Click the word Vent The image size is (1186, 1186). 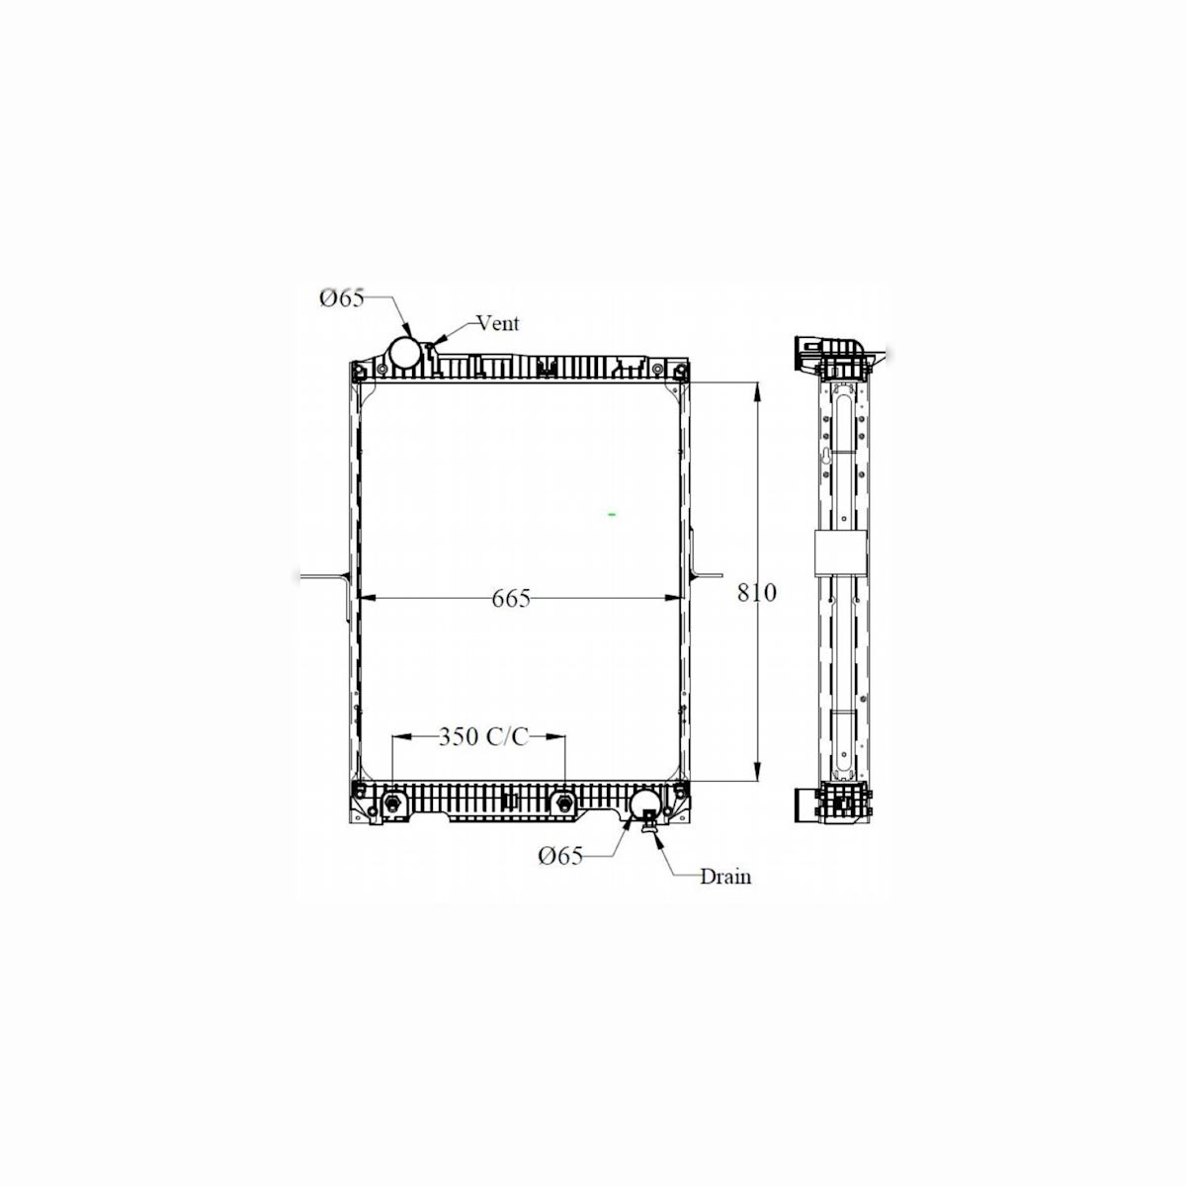tap(497, 323)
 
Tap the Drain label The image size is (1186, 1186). tap(725, 876)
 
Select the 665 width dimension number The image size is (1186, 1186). tap(510, 598)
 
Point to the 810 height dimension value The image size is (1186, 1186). tap(757, 592)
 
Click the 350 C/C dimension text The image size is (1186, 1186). tap(483, 736)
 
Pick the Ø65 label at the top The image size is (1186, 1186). tap(342, 297)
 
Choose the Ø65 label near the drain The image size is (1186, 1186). tap(560, 856)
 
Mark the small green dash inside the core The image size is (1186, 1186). tap(612, 515)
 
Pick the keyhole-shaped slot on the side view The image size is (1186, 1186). tap(826, 458)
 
